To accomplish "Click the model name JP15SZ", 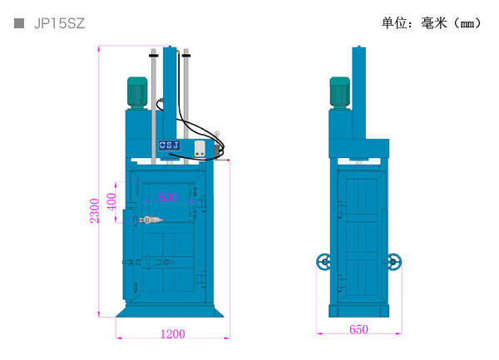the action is (x=59, y=23).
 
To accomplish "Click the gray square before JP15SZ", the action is (x=19, y=23).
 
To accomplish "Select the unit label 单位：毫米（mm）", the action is (x=431, y=23).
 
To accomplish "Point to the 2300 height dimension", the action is (x=95, y=210).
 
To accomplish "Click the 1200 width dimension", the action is (x=172, y=334).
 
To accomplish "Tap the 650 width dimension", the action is (x=358, y=329).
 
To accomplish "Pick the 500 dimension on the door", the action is (x=168, y=197).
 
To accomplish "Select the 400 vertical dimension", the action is (x=111, y=202).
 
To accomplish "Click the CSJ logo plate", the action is (x=170, y=145).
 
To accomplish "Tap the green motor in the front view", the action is (x=137, y=92).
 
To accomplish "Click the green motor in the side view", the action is (x=339, y=92).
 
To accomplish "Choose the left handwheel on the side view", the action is (x=324, y=262).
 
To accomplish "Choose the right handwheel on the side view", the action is (x=393, y=262).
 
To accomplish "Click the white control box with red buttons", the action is (x=200, y=149).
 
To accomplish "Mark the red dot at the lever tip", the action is (x=228, y=160).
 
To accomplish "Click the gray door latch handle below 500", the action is (x=151, y=219).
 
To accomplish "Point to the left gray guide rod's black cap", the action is (x=153, y=56).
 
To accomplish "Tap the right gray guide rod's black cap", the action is (x=186, y=56).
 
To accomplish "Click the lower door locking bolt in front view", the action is (x=148, y=263).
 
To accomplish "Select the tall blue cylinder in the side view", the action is (x=359, y=93).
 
